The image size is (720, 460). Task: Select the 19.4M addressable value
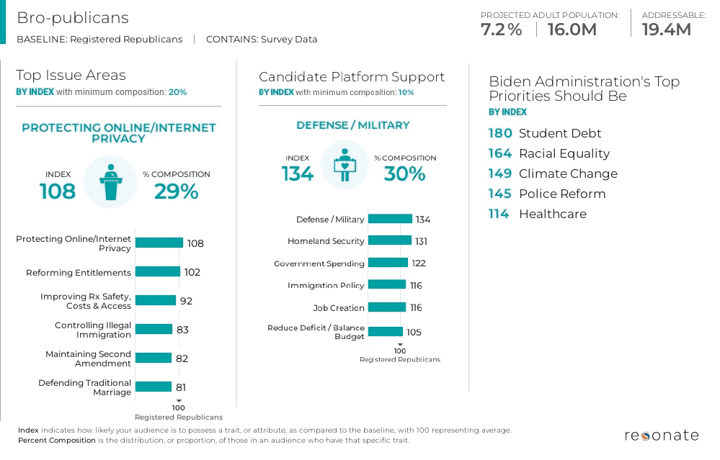666,30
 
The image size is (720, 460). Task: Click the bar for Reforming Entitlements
157,272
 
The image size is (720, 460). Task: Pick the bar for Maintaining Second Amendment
154,358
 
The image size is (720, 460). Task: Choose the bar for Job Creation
388,307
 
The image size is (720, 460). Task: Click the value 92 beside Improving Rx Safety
186,301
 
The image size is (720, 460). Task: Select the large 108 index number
58,191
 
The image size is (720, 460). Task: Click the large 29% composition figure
176,191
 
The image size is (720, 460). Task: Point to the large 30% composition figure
404,173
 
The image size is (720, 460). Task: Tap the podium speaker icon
110,182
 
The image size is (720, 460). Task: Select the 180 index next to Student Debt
500,133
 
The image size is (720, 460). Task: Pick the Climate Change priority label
568,173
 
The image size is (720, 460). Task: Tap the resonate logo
661,436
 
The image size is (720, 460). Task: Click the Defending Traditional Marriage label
85,387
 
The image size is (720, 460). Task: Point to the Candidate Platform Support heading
352,77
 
